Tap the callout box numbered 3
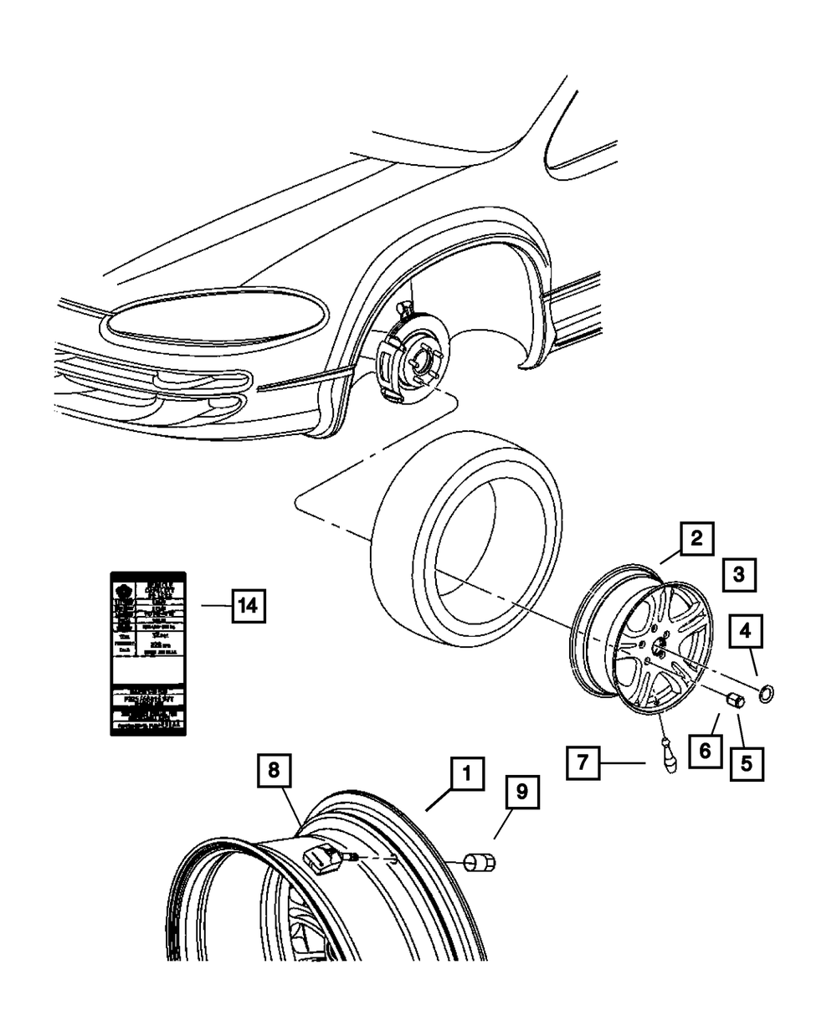pyautogui.click(x=740, y=575)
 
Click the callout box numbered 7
pyautogui.click(x=583, y=762)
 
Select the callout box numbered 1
pyautogui.click(x=467, y=775)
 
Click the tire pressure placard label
pyautogui.click(x=148, y=654)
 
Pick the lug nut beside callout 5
pyautogui.click(x=737, y=700)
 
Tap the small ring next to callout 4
pyautogui.click(x=766, y=693)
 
